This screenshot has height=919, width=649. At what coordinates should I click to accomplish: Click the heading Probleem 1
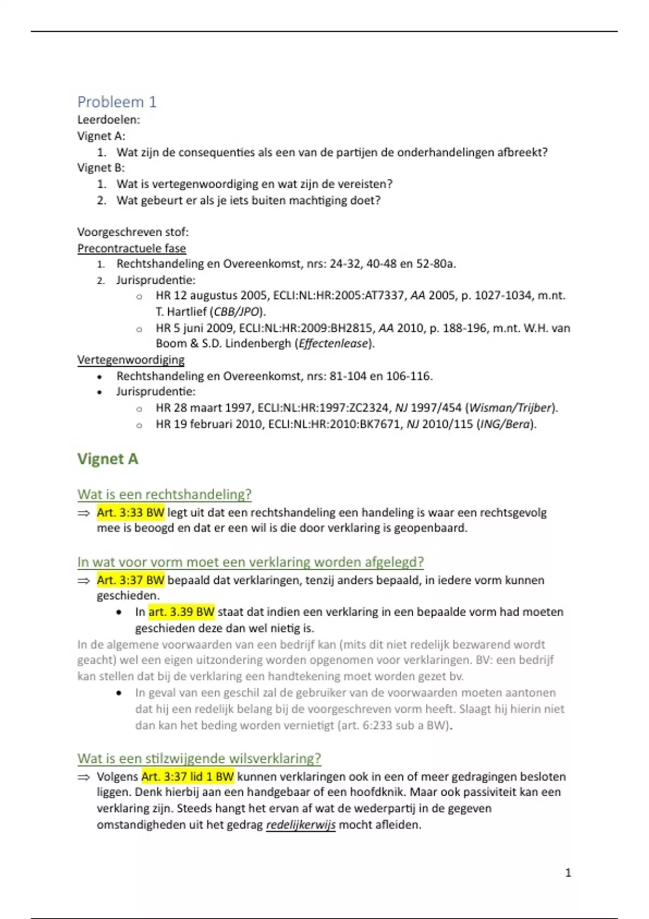117,102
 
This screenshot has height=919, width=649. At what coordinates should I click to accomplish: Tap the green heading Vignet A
108,459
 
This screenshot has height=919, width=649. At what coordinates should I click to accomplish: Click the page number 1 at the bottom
568,873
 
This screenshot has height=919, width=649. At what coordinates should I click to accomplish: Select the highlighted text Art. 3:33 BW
130,512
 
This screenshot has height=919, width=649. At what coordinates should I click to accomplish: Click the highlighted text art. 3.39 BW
181,612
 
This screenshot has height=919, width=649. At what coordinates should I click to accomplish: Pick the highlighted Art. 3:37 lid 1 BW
188,777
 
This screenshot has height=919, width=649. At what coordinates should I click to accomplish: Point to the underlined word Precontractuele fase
131,248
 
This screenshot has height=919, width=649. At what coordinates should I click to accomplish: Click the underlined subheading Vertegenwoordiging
131,359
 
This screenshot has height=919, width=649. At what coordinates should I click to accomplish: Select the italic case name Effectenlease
333,344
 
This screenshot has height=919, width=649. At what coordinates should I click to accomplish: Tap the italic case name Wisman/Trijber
510,408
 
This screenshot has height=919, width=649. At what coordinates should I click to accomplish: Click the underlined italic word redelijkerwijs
301,825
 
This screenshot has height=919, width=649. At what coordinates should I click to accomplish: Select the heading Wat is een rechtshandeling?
164,494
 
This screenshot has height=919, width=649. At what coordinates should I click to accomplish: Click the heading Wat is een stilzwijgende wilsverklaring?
199,758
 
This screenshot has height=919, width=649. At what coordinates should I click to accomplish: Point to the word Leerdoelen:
109,119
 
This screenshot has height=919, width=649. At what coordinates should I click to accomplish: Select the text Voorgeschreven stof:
133,232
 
